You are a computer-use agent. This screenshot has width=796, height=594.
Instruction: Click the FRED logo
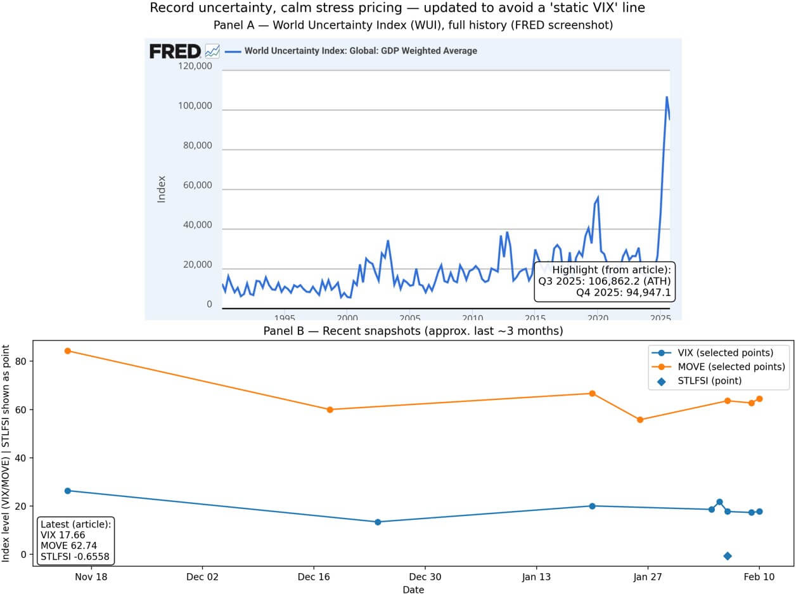175,51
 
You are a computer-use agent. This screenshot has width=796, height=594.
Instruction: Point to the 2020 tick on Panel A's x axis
599,318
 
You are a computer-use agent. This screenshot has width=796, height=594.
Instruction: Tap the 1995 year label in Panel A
285,318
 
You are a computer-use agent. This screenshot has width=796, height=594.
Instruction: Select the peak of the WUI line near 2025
667,98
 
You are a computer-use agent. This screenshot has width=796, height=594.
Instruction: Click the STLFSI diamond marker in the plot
728,556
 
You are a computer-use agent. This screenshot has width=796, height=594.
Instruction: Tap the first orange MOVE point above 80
68,351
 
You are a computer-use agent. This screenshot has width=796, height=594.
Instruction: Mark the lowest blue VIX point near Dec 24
378,522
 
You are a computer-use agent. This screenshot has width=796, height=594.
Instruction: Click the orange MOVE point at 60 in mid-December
330,410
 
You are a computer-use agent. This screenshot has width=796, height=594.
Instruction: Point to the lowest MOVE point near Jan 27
640,420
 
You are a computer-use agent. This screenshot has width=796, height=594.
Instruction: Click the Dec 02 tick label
203,576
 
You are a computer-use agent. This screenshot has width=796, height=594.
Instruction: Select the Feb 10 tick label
759,576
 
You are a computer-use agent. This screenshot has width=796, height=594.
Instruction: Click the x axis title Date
413,590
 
